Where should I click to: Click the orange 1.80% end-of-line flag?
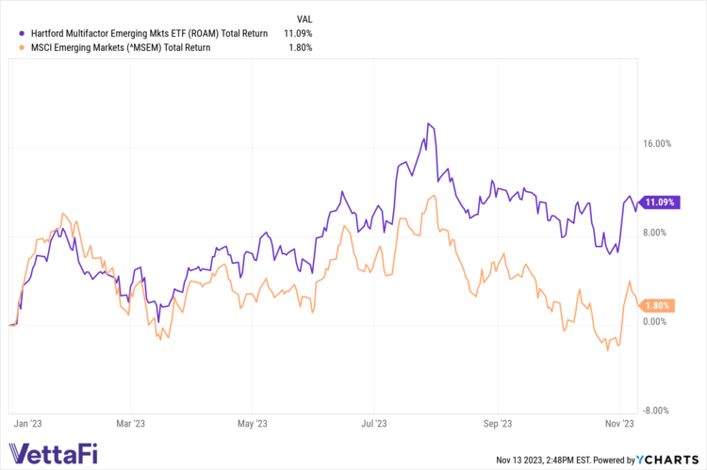click(659, 305)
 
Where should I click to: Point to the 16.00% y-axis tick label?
click(656, 144)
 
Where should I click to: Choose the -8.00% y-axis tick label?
click(657, 410)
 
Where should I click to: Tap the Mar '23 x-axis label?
click(131, 424)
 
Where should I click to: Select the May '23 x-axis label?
click(253, 424)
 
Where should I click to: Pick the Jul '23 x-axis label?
click(374, 424)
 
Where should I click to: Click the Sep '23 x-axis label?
click(497, 424)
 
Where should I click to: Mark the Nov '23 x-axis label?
click(618, 424)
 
